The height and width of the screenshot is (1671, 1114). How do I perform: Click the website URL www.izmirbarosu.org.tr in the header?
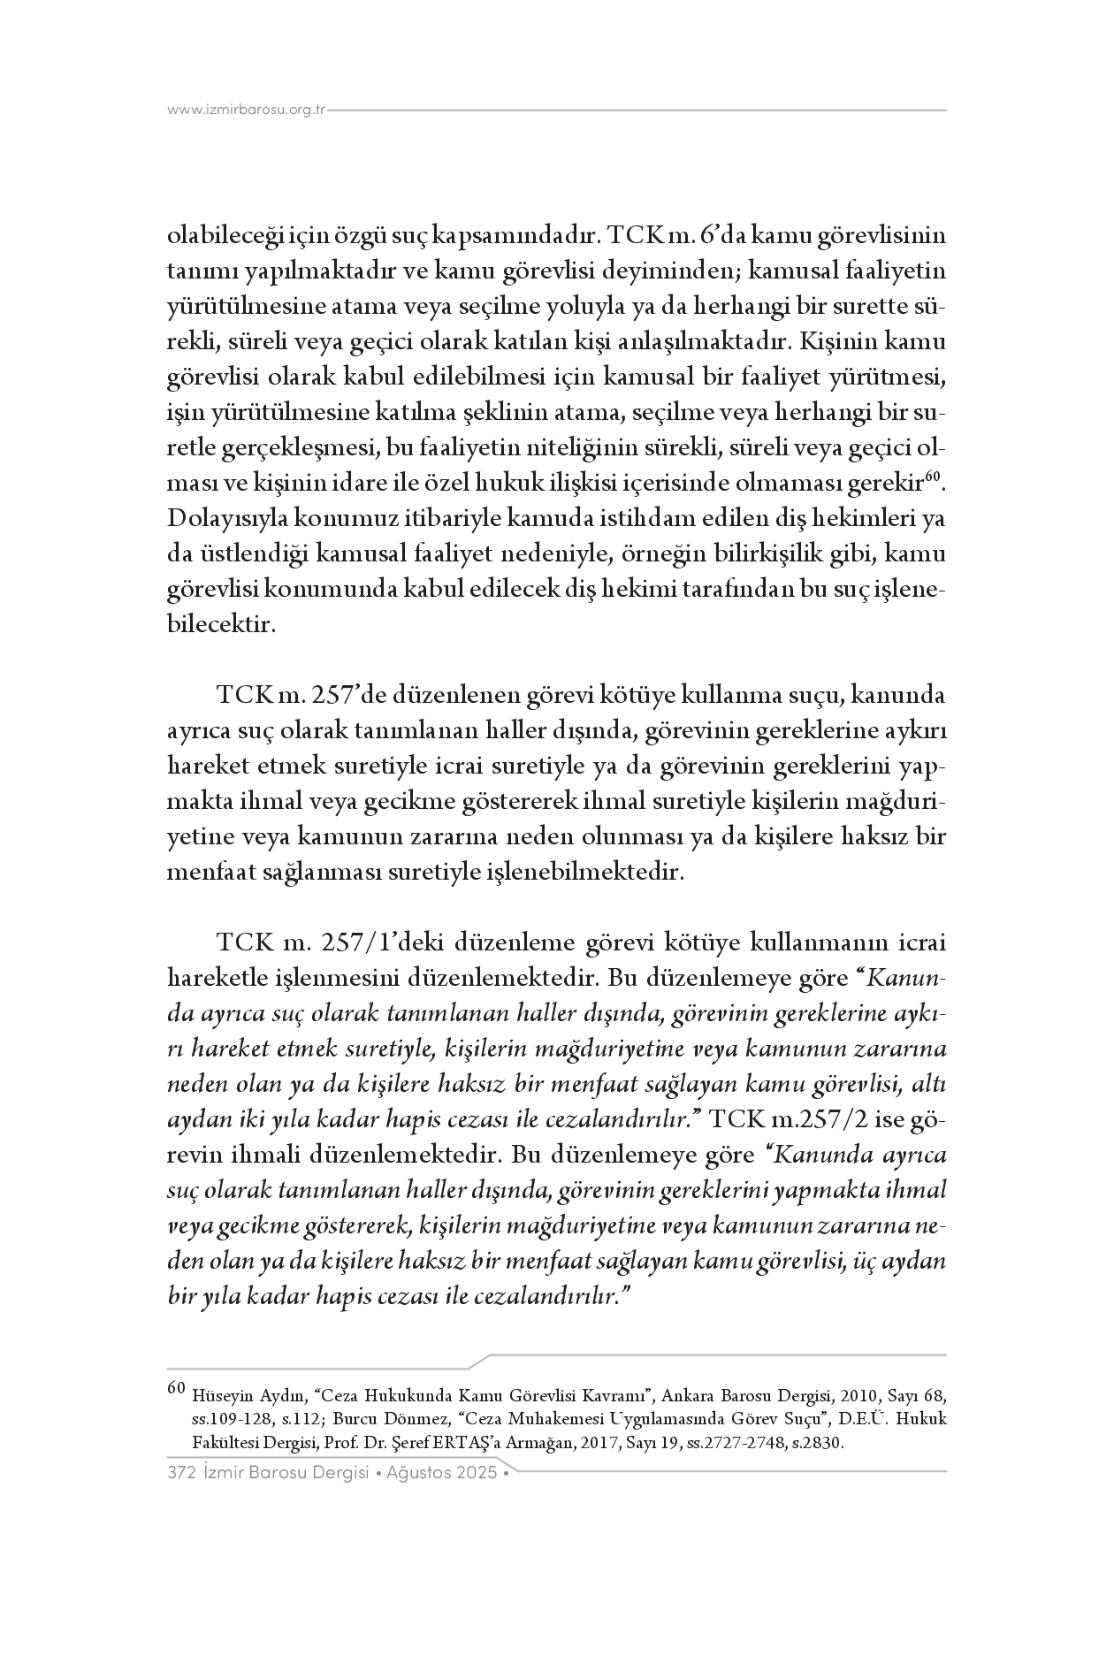click(247, 111)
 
